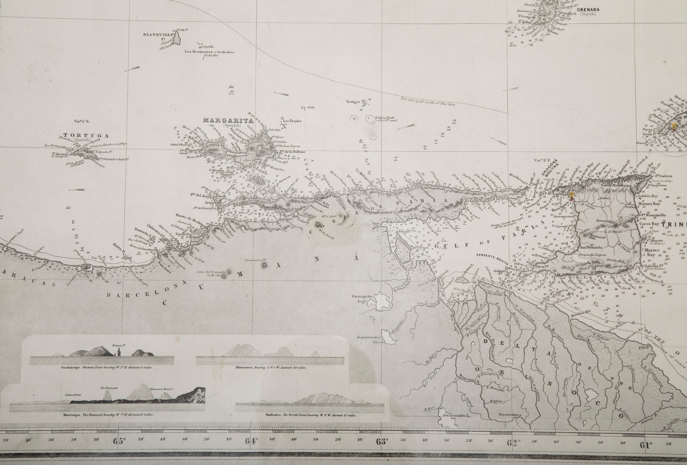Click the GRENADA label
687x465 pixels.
pyautogui.click(x=586, y=9)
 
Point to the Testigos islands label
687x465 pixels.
pyautogui.click(x=353, y=102)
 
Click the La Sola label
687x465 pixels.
pyautogui.click(x=307, y=107)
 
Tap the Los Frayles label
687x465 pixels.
pyautogui.click(x=292, y=121)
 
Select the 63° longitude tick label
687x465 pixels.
pyautogui.click(x=382, y=441)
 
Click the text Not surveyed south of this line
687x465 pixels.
pyautogui.click(x=427, y=102)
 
